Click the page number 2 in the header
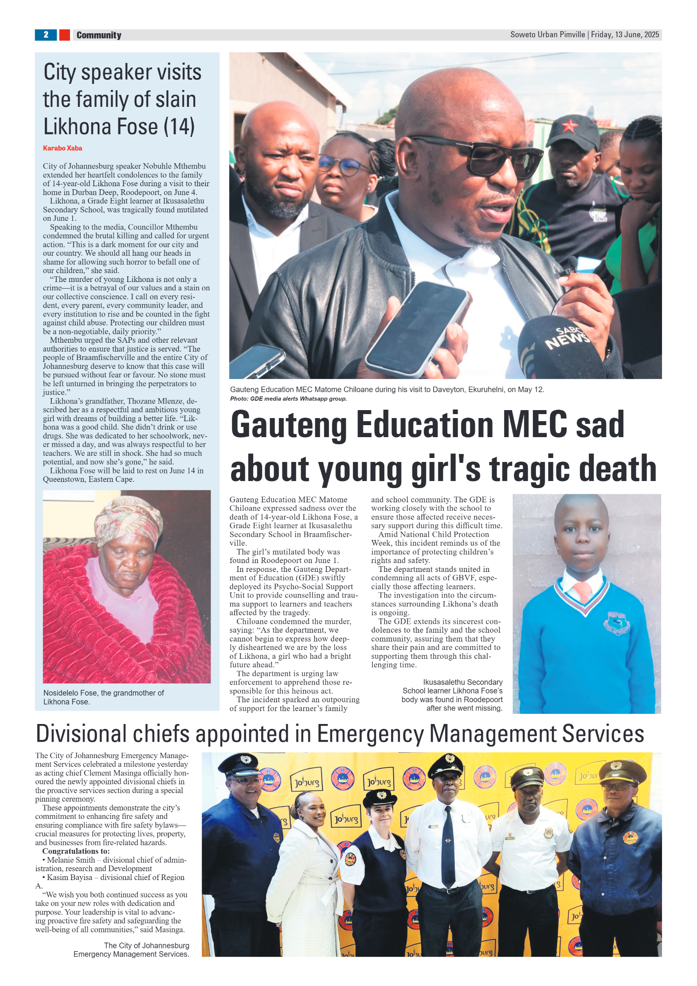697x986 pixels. pyautogui.click(x=46, y=35)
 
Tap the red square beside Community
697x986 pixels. pyautogui.click(x=64, y=35)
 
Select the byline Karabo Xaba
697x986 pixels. pyautogui.click(x=63, y=148)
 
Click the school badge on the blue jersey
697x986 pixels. pyautogui.click(x=616, y=622)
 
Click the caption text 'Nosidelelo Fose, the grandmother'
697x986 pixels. pyautogui.click(x=103, y=693)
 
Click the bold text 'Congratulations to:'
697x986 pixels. pyautogui.click(x=76, y=851)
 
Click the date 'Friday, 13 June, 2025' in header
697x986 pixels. pyautogui.click(x=625, y=35)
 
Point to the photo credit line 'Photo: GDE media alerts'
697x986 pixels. pyautogui.click(x=288, y=399)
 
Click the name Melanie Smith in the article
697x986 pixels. pyautogui.click(x=71, y=860)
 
